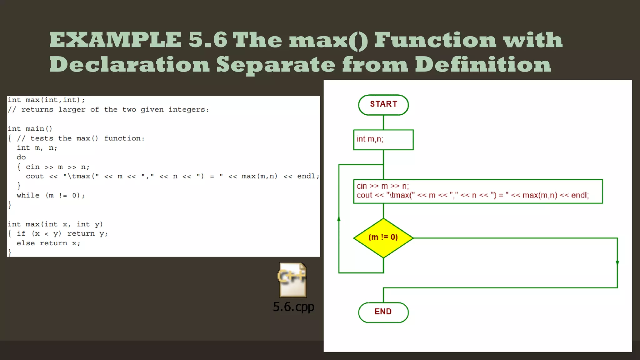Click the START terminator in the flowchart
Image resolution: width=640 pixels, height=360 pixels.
click(383, 105)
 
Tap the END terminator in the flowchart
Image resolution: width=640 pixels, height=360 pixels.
click(383, 312)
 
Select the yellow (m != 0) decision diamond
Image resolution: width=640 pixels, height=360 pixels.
click(383, 238)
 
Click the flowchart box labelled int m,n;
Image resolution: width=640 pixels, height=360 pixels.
click(383, 139)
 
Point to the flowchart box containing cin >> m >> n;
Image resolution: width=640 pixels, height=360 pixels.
click(478, 191)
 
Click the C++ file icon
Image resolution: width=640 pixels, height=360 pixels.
click(292, 280)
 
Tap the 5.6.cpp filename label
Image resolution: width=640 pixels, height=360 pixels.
click(293, 307)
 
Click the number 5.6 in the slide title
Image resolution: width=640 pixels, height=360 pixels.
click(207, 40)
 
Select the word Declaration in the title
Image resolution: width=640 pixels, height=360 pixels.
click(129, 65)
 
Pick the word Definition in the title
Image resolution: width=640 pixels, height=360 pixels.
click(483, 65)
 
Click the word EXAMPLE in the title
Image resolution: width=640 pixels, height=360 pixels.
click(115, 40)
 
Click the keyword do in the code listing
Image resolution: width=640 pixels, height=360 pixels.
click(21, 157)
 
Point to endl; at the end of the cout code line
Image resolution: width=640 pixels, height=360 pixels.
click(308, 176)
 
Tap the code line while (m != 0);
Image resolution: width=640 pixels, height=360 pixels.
click(51, 196)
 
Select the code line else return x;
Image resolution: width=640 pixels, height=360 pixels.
click(48, 243)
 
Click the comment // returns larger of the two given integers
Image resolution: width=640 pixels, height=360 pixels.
click(108, 110)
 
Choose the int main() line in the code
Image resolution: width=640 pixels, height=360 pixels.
click(30, 129)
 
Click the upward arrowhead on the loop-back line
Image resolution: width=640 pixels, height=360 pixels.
click(339, 219)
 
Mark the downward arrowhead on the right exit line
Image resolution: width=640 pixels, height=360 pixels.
click(617, 263)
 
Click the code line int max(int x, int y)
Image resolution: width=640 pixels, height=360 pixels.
click(55, 224)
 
